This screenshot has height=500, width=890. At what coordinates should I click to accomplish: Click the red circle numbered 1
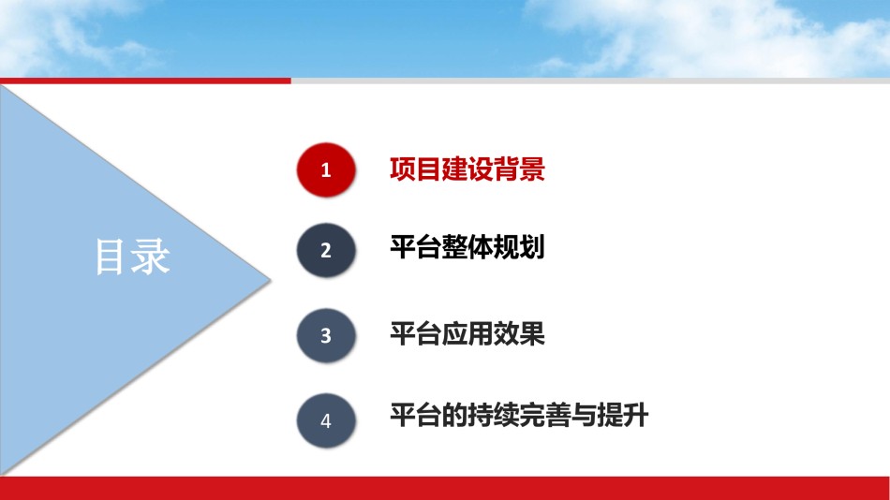326,169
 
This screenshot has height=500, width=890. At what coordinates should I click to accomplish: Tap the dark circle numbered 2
326,250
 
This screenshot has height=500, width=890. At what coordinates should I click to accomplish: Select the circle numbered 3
326,335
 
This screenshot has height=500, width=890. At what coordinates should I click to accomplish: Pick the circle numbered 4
326,420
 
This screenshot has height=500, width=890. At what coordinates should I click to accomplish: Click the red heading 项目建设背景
467,169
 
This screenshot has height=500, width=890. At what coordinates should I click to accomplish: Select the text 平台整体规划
467,247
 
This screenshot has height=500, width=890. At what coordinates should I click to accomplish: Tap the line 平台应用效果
467,333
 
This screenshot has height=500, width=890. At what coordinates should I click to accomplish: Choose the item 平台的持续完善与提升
519,416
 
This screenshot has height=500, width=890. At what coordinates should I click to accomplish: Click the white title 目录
132,257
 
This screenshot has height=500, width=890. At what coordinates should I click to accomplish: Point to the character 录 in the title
151,257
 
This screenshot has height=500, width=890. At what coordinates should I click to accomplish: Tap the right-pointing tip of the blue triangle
270,279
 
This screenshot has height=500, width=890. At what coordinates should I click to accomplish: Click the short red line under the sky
145,81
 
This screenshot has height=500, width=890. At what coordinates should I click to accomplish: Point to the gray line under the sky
590,81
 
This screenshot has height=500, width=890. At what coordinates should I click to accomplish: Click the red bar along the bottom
445,488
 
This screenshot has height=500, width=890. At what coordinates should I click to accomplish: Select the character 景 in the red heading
532,169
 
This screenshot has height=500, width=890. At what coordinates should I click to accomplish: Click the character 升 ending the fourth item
636,416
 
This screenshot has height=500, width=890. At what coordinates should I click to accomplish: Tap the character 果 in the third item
532,333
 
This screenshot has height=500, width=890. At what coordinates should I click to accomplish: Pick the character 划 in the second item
532,247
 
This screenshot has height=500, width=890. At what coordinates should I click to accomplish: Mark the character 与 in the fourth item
584,416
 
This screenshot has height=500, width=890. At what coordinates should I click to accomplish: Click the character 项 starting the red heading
403,169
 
